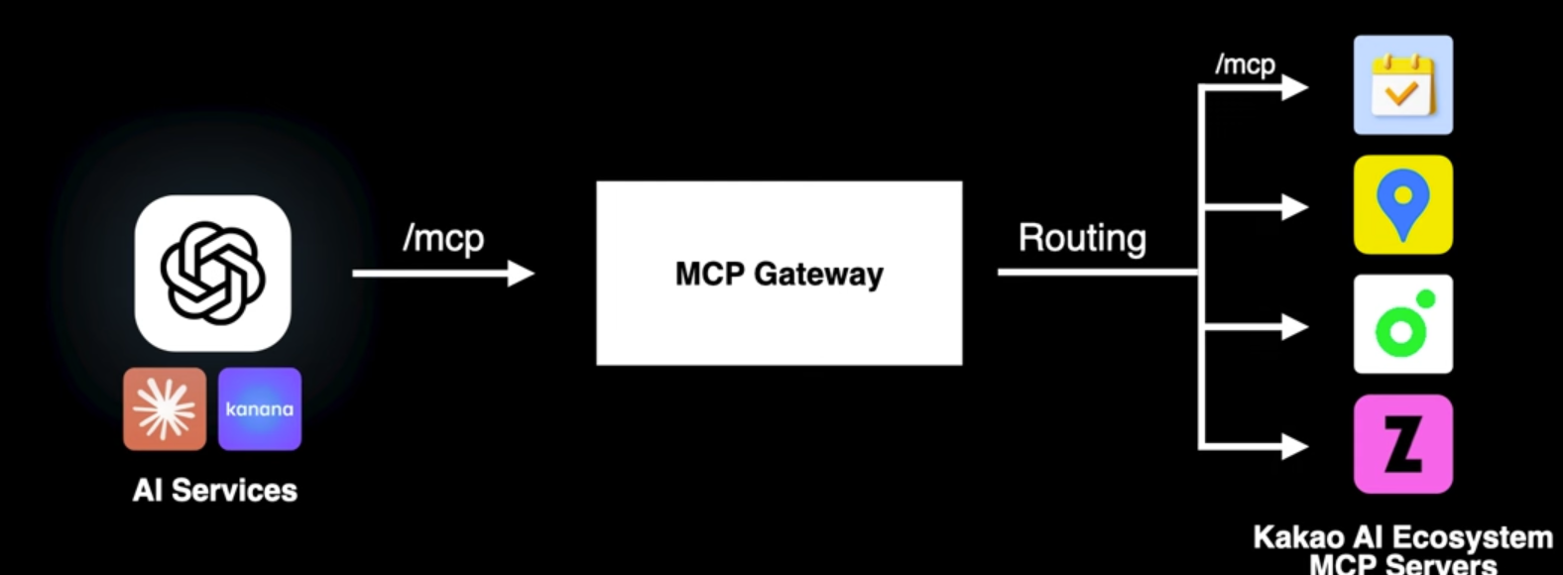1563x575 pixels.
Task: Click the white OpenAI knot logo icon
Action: click(x=212, y=273)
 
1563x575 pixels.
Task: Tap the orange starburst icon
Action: click(x=165, y=408)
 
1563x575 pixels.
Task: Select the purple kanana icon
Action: click(x=259, y=408)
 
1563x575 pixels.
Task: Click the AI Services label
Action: click(x=214, y=490)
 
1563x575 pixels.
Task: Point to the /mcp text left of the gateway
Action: click(x=443, y=239)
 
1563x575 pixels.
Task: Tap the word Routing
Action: click(x=1082, y=238)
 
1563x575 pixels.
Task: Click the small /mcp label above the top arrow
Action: click(x=1245, y=64)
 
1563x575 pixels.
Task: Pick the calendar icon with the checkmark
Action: click(x=1402, y=85)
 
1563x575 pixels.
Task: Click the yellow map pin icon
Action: click(x=1402, y=204)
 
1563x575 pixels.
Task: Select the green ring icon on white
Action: click(x=1402, y=324)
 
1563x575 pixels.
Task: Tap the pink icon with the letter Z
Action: click(x=1402, y=444)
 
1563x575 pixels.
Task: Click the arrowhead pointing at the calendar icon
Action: click(x=1293, y=87)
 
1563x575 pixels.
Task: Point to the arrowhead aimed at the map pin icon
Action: click(x=1293, y=207)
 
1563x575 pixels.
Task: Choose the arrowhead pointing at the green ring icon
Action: click(x=1293, y=326)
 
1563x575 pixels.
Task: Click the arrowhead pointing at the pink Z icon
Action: click(x=1293, y=446)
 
